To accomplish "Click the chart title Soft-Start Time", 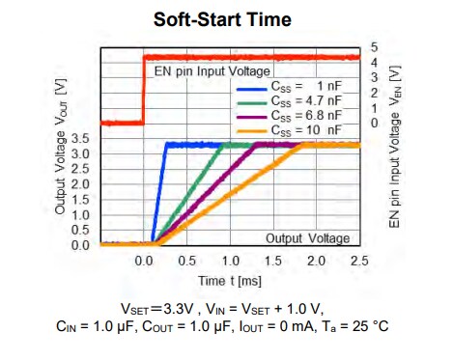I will [x=223, y=18].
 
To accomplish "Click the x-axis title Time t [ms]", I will [x=231, y=281].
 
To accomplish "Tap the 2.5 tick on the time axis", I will [x=359, y=262].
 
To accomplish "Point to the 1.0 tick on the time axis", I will [x=230, y=262].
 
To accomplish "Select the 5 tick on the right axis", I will [x=375, y=47].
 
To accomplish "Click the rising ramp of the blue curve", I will [x=159, y=193].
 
